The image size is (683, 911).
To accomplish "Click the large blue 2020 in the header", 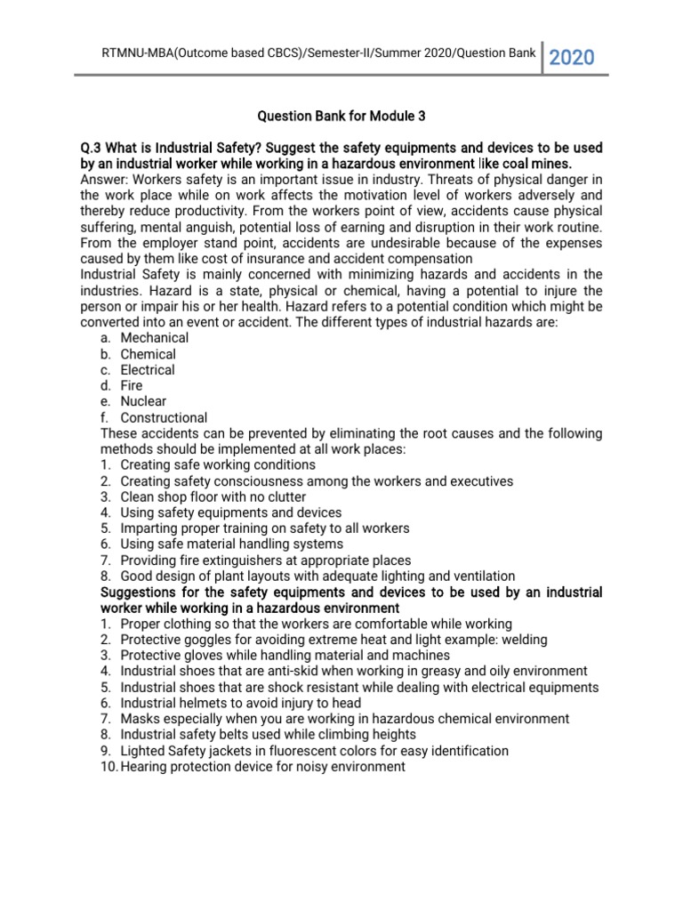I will point(572,58).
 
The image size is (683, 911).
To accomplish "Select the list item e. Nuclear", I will point(143,401).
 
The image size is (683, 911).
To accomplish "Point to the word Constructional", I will point(164,417).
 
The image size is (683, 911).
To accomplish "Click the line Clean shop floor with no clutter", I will point(213,496).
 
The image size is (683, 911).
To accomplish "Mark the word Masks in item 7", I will point(139,719).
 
